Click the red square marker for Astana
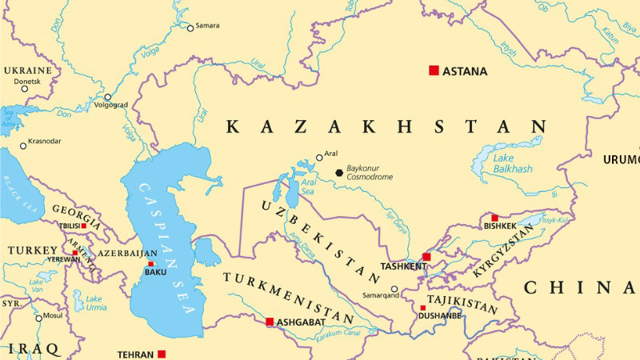[x=434, y=70]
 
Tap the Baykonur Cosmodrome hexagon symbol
[x=339, y=171]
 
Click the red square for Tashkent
[x=426, y=257]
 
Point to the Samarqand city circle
[x=394, y=290]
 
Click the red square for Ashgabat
[x=270, y=322]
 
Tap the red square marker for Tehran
[x=161, y=354]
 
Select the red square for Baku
[x=150, y=263]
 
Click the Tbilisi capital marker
[x=83, y=226]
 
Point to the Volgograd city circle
[x=107, y=97]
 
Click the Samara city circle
[x=190, y=28]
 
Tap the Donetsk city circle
[x=24, y=88]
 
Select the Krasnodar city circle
[x=22, y=145]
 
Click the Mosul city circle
[x=38, y=318]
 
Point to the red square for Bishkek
[x=494, y=218]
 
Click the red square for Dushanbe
[x=423, y=307]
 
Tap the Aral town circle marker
[x=319, y=158]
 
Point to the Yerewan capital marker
[x=75, y=253]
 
